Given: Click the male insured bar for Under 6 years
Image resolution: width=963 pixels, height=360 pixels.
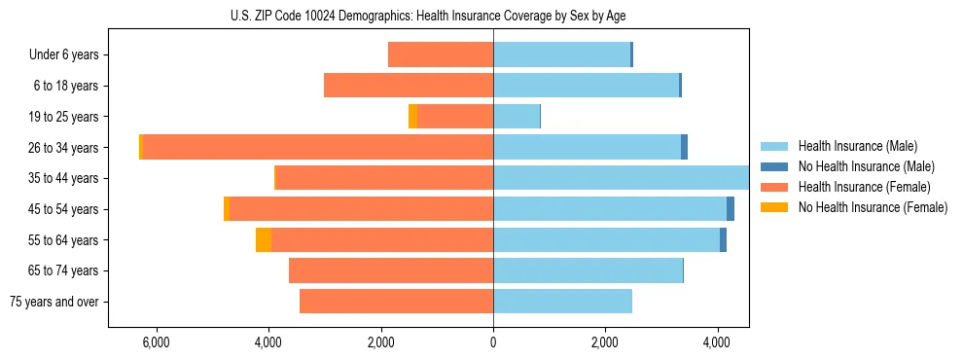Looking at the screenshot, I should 561,54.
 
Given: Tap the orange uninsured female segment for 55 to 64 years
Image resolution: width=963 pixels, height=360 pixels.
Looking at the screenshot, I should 264,240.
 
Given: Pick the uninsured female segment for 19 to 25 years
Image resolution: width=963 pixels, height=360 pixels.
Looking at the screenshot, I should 412,117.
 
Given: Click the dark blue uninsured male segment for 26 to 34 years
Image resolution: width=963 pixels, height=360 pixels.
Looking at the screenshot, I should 684,147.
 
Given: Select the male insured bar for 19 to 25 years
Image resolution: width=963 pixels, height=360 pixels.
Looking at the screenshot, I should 517,117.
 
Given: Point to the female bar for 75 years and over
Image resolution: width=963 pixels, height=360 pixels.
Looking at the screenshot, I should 396,302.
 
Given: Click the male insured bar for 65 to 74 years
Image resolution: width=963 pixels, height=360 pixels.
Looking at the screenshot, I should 588,270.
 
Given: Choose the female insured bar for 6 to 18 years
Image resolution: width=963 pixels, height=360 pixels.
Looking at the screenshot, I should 409,86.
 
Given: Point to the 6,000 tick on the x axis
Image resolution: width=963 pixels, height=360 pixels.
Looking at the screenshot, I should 156,342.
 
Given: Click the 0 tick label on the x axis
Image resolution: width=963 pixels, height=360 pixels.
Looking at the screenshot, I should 493,342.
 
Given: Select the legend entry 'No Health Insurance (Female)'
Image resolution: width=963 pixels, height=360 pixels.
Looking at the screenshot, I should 873,207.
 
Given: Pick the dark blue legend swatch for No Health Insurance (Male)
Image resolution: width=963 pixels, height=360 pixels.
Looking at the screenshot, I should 775,166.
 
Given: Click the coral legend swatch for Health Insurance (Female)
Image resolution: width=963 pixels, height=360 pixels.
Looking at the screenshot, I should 775,187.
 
